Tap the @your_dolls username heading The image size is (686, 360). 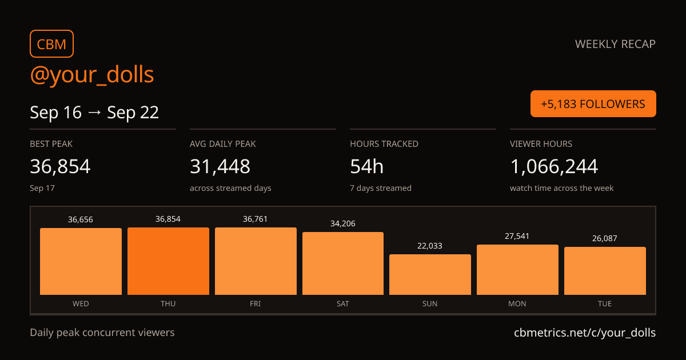[x=92, y=75]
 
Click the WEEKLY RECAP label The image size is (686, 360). [x=615, y=44]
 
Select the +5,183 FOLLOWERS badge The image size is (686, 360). [x=593, y=104]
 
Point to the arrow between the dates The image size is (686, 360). [x=94, y=113]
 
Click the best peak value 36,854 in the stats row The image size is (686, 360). [x=60, y=166]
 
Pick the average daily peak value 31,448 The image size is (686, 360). [x=220, y=166]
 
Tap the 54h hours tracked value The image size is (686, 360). [x=366, y=166]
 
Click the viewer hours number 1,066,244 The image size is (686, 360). [x=554, y=166]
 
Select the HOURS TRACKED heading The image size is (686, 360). [x=384, y=144]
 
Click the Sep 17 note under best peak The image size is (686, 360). [x=42, y=188]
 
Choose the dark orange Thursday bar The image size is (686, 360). [x=169, y=261]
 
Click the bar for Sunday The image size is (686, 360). [x=430, y=275]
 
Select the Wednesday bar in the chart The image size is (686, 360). [x=81, y=262]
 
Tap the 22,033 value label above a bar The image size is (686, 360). [x=430, y=246]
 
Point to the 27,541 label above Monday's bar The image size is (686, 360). [x=517, y=236]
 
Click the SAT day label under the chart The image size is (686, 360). [x=342, y=303]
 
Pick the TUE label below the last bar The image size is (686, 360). [x=605, y=303]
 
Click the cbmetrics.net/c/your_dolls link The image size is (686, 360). [x=585, y=333]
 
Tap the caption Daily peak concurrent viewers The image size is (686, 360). [x=102, y=333]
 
